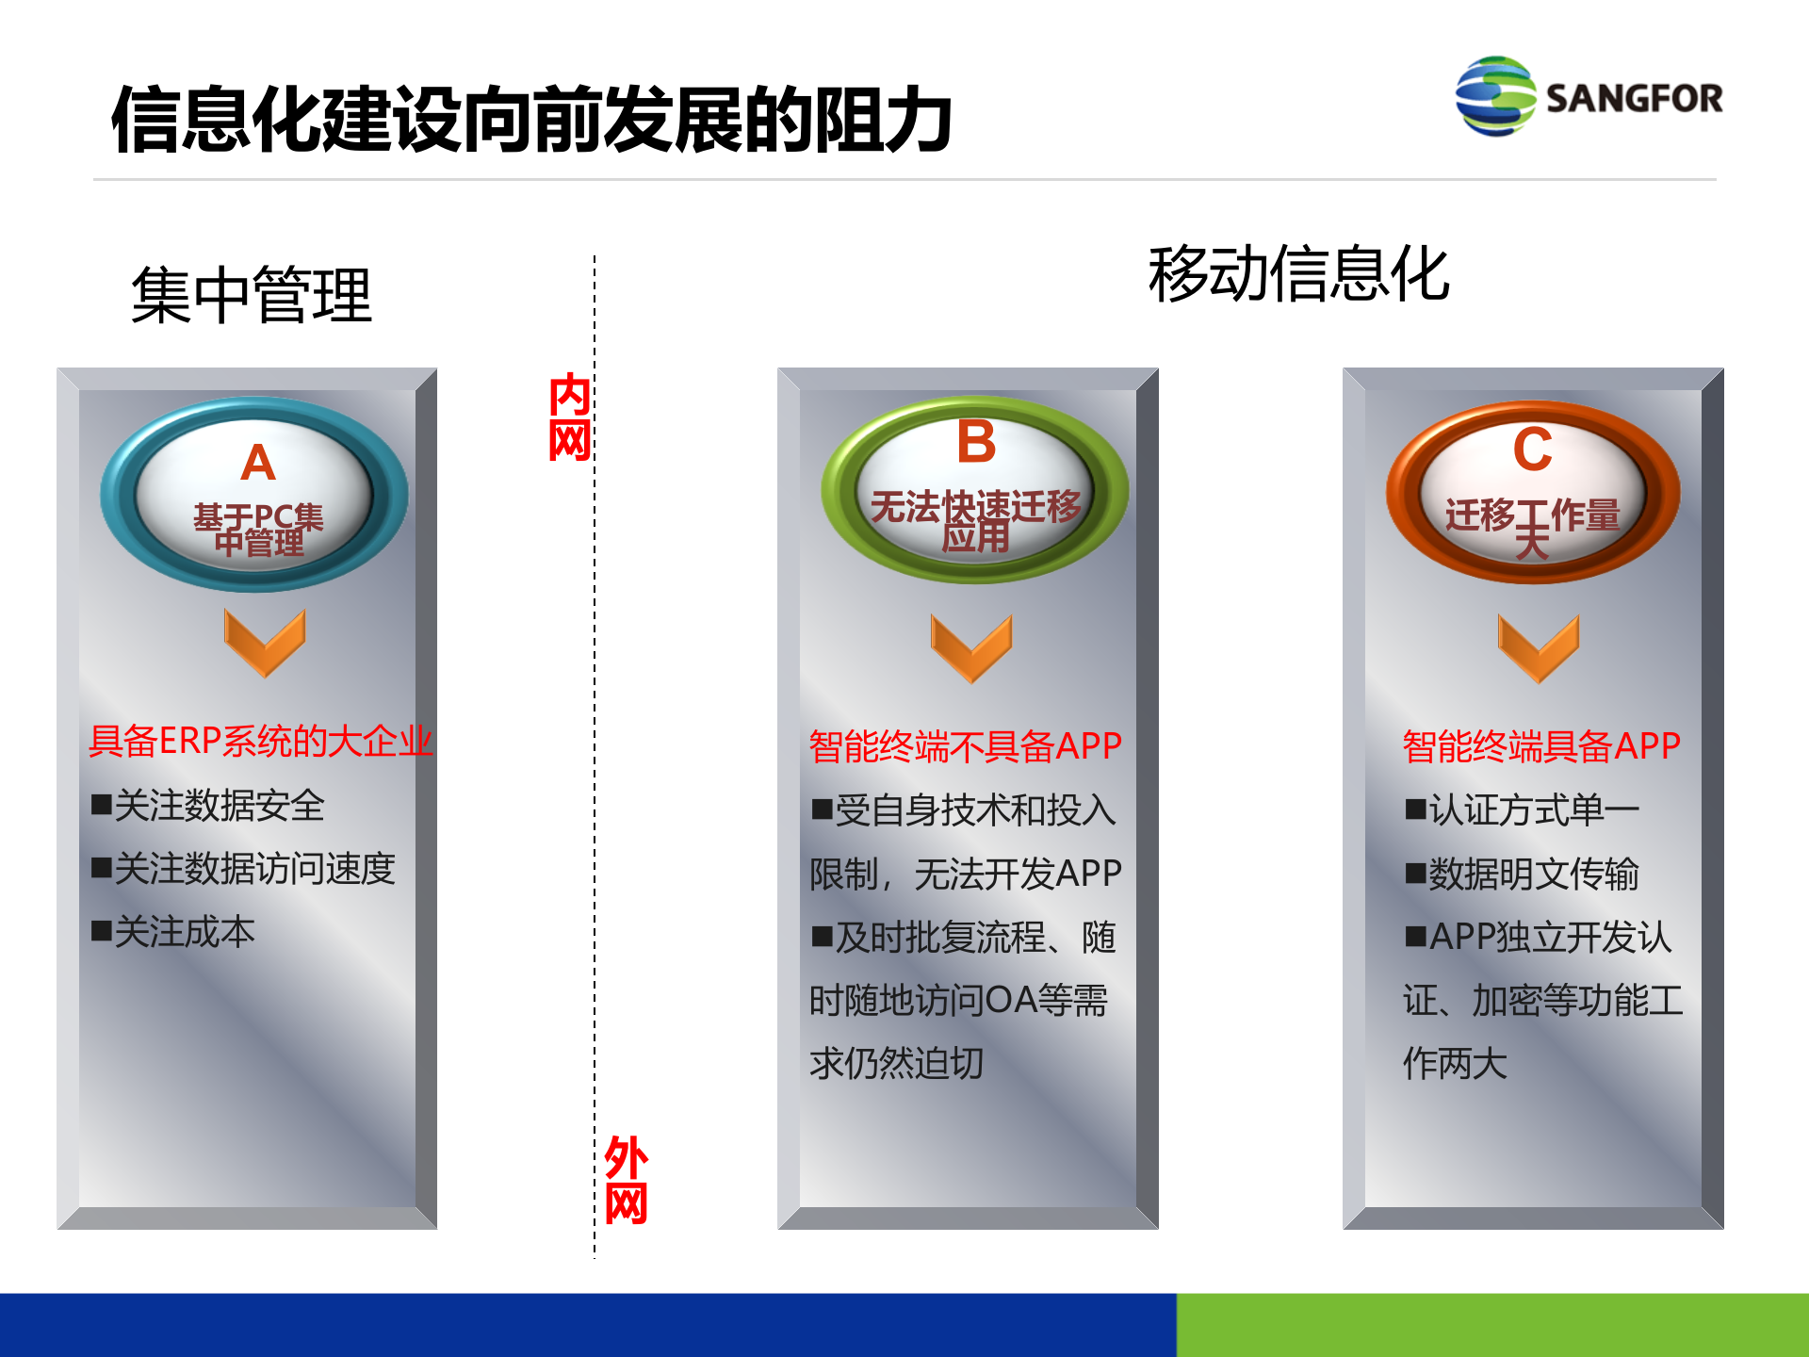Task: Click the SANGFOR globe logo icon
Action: pos(1494,96)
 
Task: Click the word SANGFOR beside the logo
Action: pos(1634,98)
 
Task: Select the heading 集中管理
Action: pos(252,296)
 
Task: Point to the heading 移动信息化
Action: pos(1298,274)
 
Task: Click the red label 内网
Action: pos(570,417)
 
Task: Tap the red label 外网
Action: pos(627,1179)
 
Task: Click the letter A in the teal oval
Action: pos(257,464)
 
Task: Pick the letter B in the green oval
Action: pos(976,442)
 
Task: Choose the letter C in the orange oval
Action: pos(1533,450)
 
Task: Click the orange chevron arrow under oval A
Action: pos(265,642)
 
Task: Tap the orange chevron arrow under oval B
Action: pos(971,647)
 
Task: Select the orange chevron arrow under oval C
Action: pos(1539,647)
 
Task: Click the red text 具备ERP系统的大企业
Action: pos(260,742)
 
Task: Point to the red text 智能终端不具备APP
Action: pos(966,746)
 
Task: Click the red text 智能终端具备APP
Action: pos(1541,746)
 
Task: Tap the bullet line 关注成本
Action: pos(174,932)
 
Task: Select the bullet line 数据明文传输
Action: pos(1523,874)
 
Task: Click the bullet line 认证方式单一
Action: pos(1523,809)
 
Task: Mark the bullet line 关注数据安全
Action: pos(208,806)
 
